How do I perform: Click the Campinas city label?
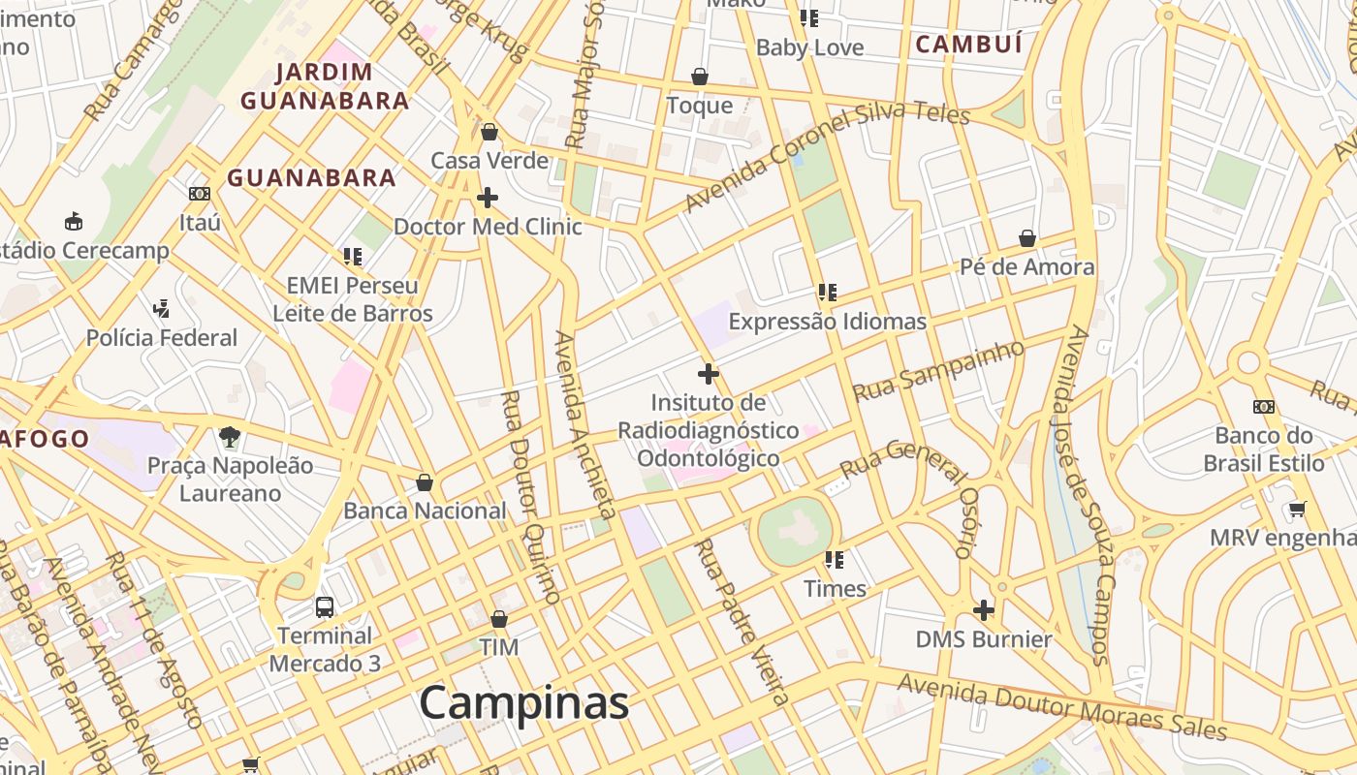click(524, 702)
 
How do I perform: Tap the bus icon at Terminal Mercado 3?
click(325, 607)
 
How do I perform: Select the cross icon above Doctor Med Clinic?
click(488, 198)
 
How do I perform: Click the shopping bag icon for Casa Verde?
click(489, 132)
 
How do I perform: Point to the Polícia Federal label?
click(162, 338)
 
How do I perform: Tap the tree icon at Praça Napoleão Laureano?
click(230, 437)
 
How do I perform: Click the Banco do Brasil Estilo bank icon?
click(1263, 407)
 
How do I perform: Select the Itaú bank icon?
click(200, 194)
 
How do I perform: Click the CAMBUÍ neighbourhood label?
click(969, 45)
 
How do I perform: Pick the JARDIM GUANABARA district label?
click(325, 86)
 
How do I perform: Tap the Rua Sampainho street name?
click(937, 371)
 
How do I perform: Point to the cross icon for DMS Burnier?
click(984, 610)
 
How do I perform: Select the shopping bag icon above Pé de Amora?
click(1027, 238)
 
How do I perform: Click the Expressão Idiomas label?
click(827, 322)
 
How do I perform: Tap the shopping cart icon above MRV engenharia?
click(1297, 509)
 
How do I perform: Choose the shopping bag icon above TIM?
click(499, 619)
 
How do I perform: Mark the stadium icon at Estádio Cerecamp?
click(73, 222)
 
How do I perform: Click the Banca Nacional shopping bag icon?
click(425, 482)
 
